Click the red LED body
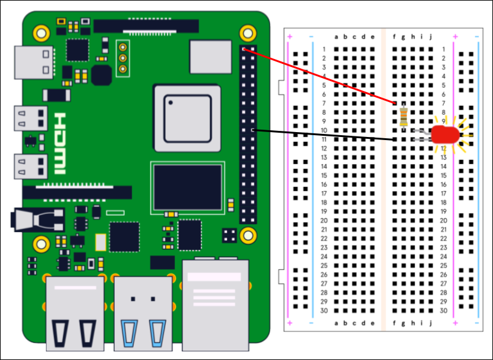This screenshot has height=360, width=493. point(445,135)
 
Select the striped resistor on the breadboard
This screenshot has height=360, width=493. point(404,117)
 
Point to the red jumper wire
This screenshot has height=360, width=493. point(319,76)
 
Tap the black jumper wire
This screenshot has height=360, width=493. point(324,135)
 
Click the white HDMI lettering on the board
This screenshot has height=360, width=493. point(60,144)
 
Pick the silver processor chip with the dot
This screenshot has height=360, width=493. point(187,118)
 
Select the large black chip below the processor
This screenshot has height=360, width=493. point(188,187)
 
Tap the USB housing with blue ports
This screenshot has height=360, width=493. point(143,313)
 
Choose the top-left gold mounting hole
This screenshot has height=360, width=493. point(41,33)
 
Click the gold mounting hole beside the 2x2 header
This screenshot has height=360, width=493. point(248,235)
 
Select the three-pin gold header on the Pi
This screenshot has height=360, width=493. point(123,58)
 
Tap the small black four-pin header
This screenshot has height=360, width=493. point(230,235)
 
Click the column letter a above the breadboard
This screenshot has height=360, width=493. point(336,37)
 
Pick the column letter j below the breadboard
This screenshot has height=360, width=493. point(431,323)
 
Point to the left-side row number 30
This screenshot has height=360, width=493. point(324,311)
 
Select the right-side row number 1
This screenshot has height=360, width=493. point(444,49)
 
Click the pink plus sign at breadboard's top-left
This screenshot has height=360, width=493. point(290,37)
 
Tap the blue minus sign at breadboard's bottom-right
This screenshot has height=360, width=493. point(477,323)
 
